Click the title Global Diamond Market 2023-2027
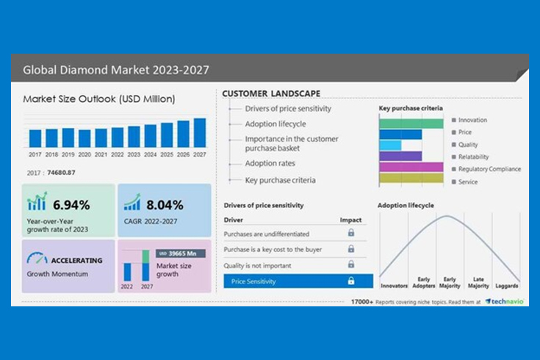[116, 71]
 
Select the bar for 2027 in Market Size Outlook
[200, 133]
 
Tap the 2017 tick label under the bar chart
[35, 154]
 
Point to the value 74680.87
[61, 172]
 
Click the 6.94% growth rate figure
[71, 205]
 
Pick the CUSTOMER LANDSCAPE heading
[271, 94]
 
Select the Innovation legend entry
[472, 120]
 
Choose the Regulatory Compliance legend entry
[489, 169]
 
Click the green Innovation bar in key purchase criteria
[411, 123]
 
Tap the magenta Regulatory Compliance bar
[411, 167]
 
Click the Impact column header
[350, 220]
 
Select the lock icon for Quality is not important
[351, 265]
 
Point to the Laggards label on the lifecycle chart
[507, 285]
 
